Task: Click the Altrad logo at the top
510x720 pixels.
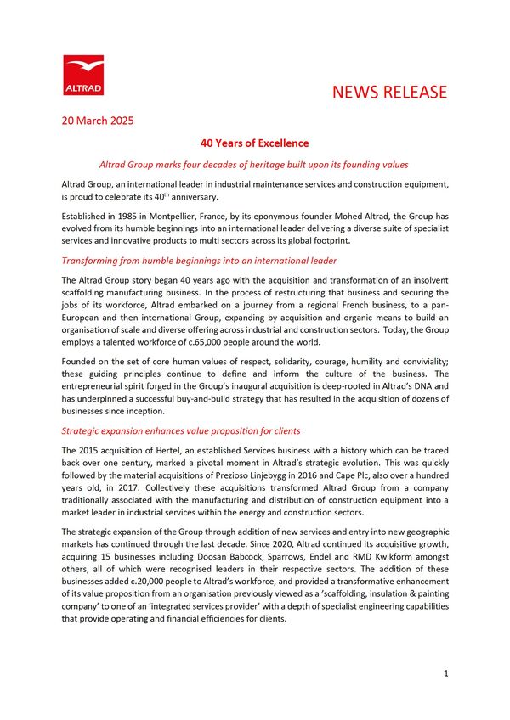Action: tap(83, 76)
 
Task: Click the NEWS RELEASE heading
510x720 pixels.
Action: tap(388, 92)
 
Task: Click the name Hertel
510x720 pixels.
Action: tap(168, 448)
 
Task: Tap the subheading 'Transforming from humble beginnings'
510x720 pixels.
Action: tap(200, 260)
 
